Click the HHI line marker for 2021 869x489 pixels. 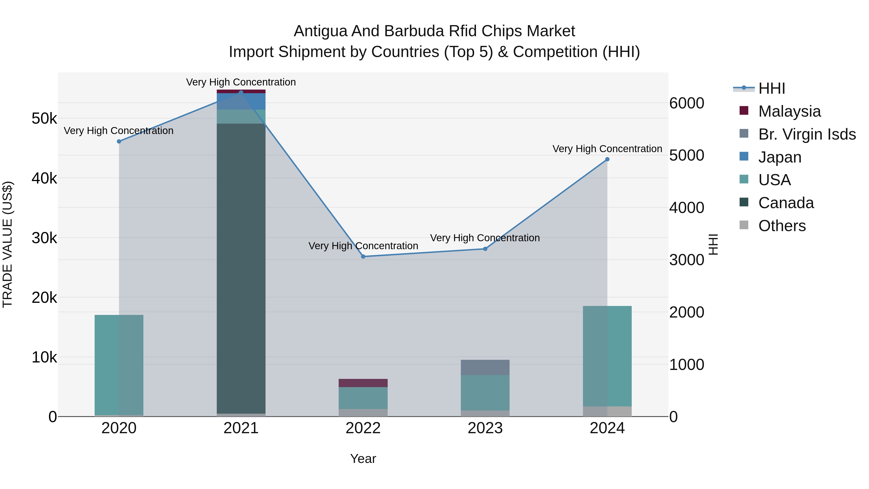pos(241,92)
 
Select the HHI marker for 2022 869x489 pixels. pos(363,256)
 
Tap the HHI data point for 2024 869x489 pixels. pos(607,159)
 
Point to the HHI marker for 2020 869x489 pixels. pos(119,142)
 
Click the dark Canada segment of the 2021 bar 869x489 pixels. pos(241,270)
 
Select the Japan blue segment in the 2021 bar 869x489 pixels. pos(241,101)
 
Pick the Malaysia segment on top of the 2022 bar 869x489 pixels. pos(363,383)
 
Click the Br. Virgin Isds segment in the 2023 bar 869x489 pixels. pos(485,367)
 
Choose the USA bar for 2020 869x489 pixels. pos(119,364)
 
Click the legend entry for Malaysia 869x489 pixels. pos(789,111)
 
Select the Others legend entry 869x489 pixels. pos(782,226)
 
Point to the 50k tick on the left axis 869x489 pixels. pos(44,119)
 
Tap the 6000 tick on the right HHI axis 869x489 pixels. pos(687,103)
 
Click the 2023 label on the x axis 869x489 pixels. pos(485,428)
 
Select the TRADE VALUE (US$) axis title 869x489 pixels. pos(8,244)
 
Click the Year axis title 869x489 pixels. pos(363,459)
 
